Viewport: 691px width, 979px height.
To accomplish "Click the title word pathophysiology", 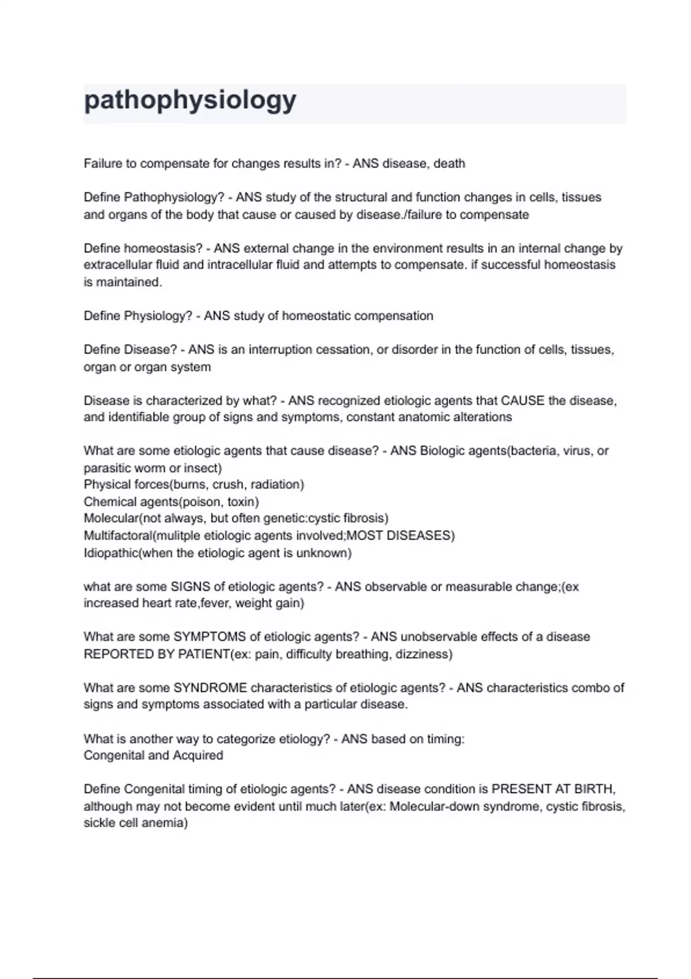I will coord(190,100).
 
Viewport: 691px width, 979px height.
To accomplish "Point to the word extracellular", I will coord(118,265).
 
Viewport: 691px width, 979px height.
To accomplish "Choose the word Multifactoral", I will coord(118,536).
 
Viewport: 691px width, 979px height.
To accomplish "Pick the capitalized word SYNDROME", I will coord(210,688).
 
